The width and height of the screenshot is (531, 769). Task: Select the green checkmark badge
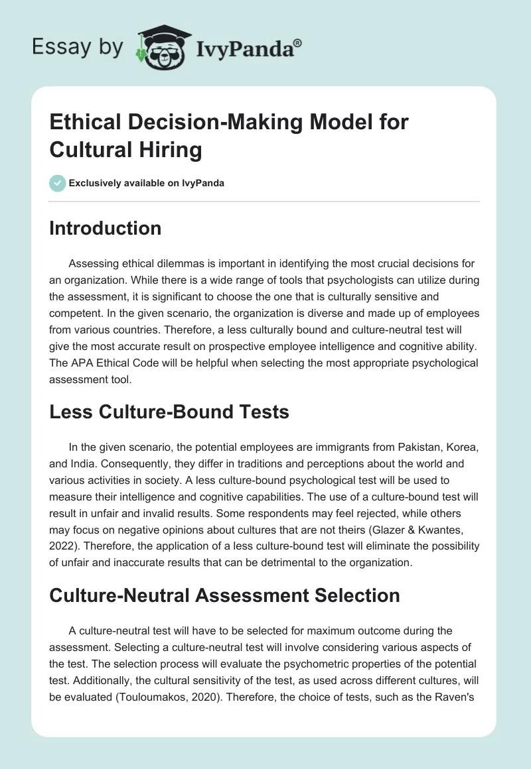(x=58, y=183)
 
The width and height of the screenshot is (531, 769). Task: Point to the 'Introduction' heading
(x=106, y=228)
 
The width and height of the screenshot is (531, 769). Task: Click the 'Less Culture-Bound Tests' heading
(x=169, y=412)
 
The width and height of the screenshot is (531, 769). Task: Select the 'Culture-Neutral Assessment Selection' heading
(x=224, y=595)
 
